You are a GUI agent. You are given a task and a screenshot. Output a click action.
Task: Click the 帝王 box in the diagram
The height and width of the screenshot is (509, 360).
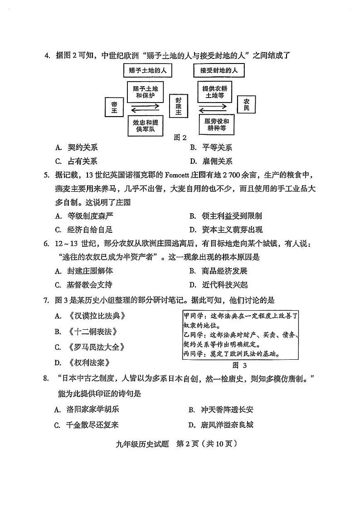[x=114, y=108]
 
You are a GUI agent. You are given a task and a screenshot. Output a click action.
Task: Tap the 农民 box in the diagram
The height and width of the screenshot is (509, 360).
[x=246, y=105]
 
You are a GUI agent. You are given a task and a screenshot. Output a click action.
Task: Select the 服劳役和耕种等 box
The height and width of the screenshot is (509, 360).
[x=217, y=125]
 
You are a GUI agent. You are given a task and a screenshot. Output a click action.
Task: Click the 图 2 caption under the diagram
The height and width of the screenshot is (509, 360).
[x=180, y=137]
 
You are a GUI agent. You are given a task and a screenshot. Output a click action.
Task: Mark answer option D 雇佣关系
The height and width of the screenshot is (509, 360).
[x=211, y=161]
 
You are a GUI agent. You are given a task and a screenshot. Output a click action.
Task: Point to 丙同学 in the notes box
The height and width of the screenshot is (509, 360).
[x=193, y=354]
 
